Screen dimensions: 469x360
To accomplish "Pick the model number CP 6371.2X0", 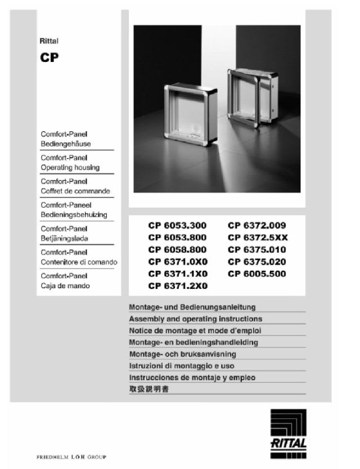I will coord(177,287).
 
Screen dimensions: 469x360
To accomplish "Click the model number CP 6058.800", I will coord(177,250).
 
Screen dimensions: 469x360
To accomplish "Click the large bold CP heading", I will coord(50,58).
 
